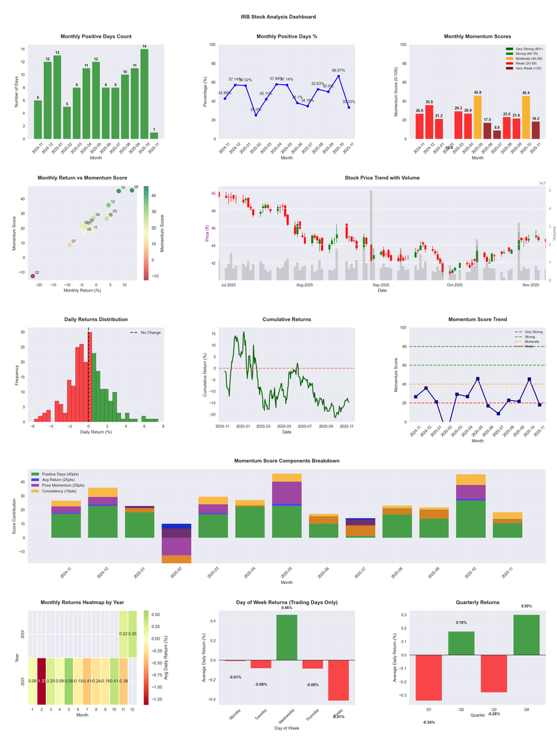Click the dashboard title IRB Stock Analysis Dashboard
tap(278, 17)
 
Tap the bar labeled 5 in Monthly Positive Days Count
tap(67, 123)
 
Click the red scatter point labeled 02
tap(33, 276)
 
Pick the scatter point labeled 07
tap(70, 244)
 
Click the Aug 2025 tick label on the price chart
tap(304, 285)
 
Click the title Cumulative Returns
tap(287, 319)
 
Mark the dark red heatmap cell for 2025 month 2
tap(41, 681)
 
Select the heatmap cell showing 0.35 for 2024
tap(133, 634)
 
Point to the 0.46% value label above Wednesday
tap(287, 608)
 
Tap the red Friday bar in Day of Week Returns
tap(338, 680)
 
